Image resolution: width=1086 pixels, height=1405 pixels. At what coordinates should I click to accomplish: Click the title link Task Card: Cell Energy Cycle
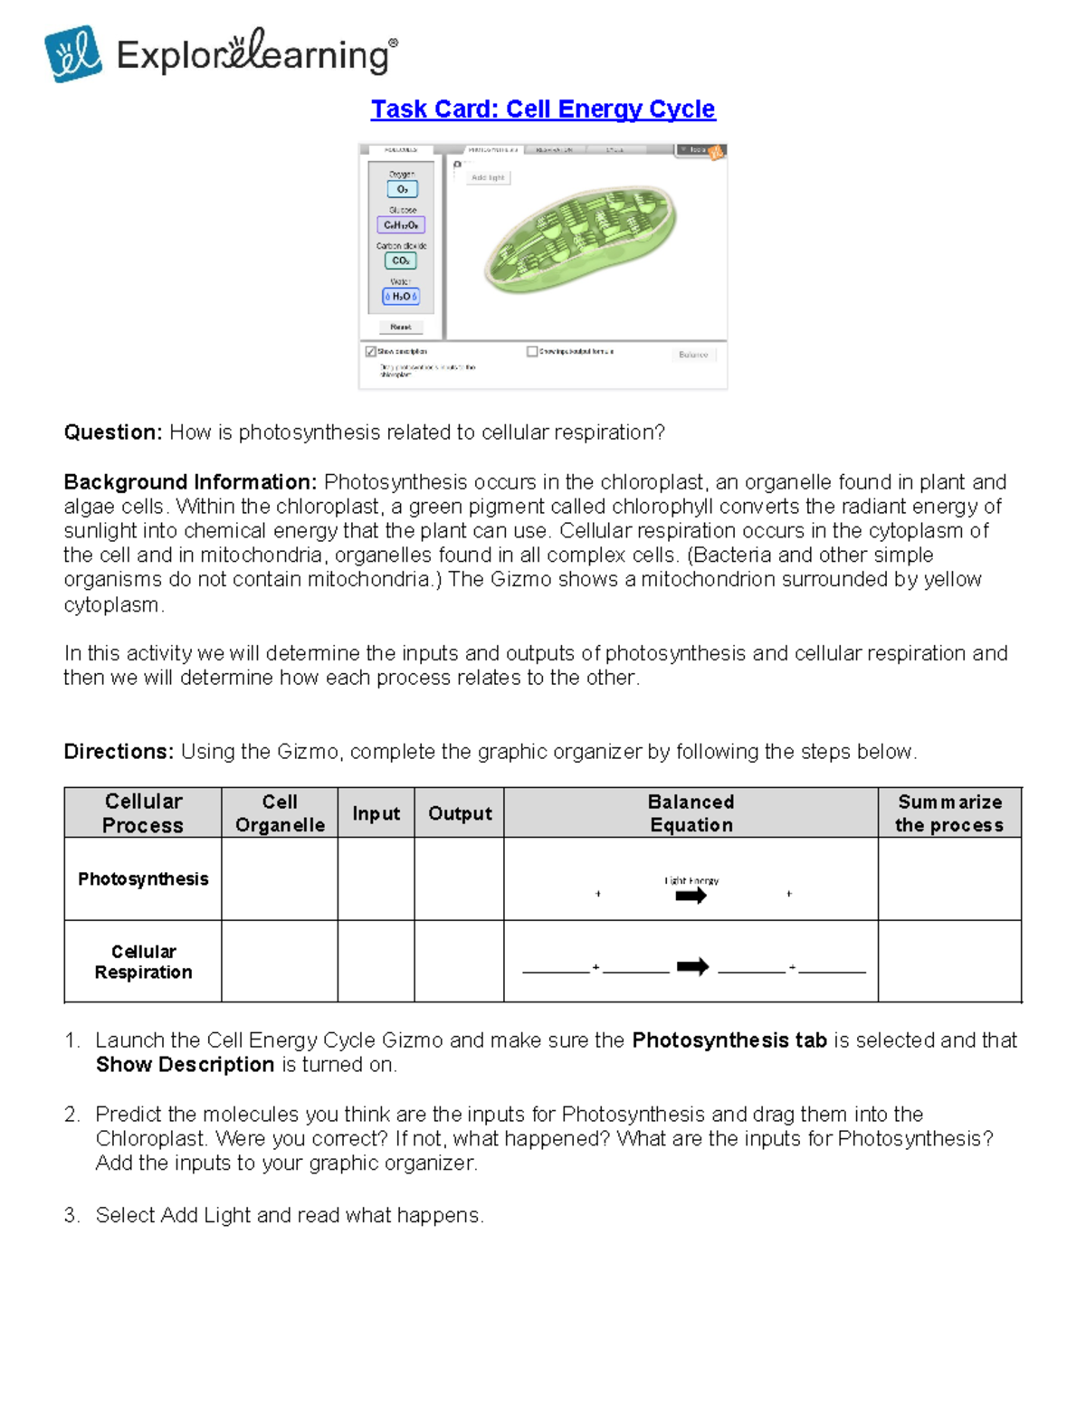click(x=542, y=109)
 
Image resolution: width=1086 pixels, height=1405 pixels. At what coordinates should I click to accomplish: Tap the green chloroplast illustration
click(x=581, y=241)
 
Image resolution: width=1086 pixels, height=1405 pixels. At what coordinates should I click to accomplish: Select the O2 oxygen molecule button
click(x=402, y=189)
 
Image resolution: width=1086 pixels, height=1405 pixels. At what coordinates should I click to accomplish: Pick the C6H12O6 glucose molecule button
click(x=401, y=225)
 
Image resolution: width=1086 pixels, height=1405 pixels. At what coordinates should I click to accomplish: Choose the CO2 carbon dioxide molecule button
click(x=400, y=261)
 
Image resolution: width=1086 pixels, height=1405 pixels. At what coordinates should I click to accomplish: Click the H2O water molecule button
click(x=401, y=297)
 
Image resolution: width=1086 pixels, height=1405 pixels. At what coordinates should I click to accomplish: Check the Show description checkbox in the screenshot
click(x=370, y=351)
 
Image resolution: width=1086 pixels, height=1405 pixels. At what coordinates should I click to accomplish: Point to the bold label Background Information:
click(x=190, y=482)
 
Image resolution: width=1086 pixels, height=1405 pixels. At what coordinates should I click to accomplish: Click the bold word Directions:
click(x=119, y=752)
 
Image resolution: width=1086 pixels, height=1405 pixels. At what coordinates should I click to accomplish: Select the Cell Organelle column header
click(x=280, y=813)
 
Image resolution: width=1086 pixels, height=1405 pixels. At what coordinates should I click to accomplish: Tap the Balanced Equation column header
click(x=691, y=813)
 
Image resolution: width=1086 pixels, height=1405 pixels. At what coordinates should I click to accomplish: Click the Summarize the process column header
click(x=948, y=813)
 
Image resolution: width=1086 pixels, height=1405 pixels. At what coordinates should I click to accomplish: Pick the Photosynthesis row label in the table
click(x=143, y=879)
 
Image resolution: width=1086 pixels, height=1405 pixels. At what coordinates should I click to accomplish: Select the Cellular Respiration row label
click(x=143, y=962)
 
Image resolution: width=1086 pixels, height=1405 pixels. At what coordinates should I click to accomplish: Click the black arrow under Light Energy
click(x=691, y=897)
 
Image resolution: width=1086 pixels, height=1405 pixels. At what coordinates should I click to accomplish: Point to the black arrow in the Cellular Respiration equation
click(x=692, y=967)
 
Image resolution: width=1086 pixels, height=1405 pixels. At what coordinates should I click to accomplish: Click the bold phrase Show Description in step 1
click(x=186, y=1065)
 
